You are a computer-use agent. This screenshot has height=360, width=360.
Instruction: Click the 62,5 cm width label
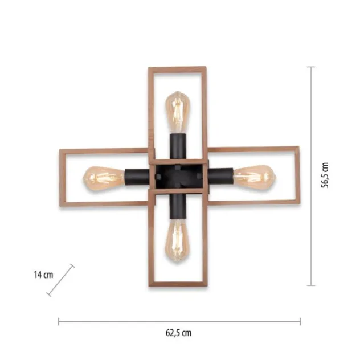[x=179, y=333]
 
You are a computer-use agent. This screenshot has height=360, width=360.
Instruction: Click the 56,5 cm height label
[x=325, y=175]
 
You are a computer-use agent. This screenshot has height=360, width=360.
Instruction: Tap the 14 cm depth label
[x=44, y=275]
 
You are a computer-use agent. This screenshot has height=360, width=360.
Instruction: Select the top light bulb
[x=178, y=112]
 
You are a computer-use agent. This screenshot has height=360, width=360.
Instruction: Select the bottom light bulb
[x=178, y=240]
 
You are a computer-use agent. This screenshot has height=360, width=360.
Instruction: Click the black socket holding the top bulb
[x=178, y=146]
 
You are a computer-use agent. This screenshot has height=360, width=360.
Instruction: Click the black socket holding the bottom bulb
[x=178, y=206]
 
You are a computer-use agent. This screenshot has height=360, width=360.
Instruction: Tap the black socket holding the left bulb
[x=137, y=177]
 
